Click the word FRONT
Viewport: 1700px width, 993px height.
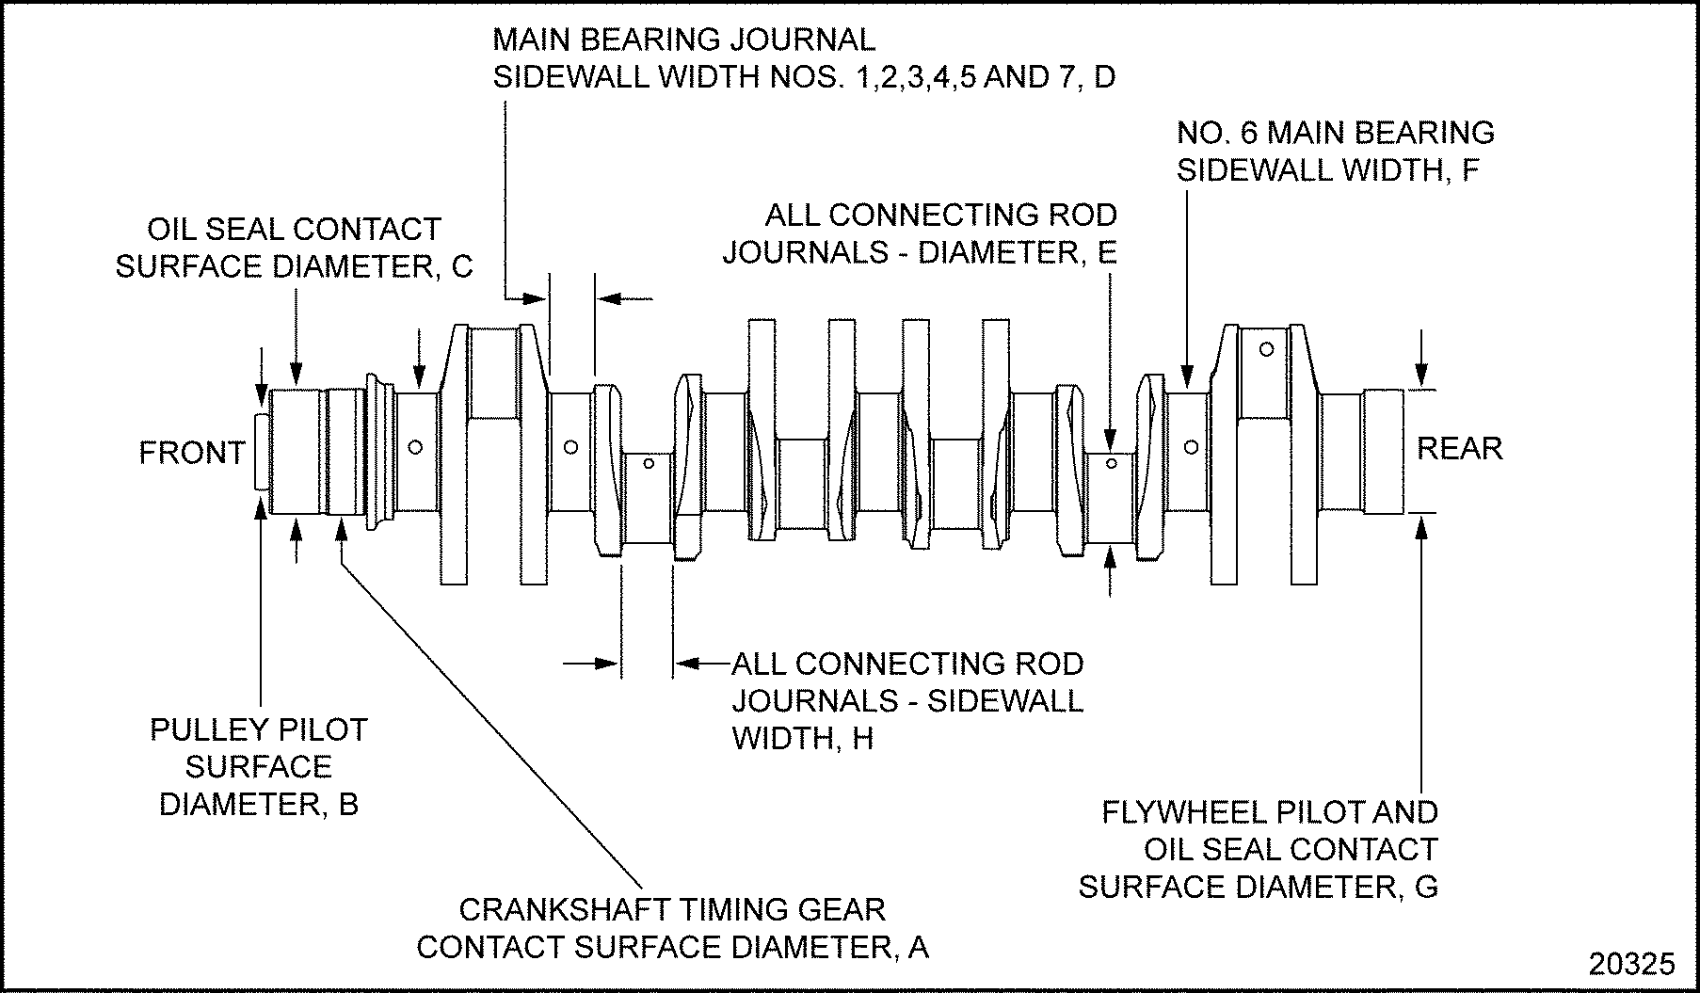192,454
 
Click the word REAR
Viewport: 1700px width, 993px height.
1459,448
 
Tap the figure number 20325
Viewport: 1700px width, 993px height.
1632,964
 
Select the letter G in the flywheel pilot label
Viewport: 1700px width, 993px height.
1426,887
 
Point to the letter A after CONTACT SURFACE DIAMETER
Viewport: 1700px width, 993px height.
918,947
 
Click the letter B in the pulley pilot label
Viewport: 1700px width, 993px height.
348,805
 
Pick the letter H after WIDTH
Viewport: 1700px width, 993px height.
863,739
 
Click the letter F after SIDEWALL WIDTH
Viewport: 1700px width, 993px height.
1470,171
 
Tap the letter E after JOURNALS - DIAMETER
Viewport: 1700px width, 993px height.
1106,253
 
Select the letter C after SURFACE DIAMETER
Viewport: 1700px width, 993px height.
461,267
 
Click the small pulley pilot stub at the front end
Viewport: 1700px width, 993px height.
261,453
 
